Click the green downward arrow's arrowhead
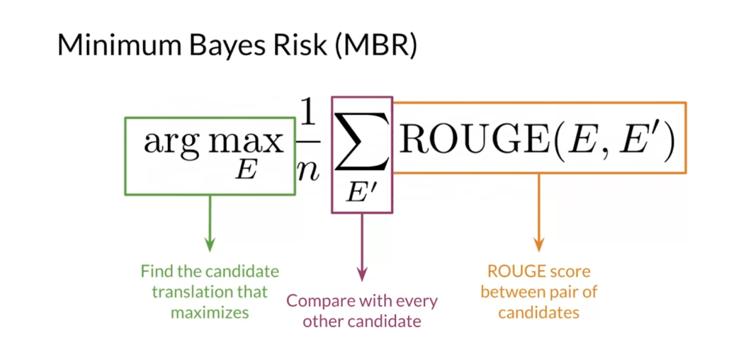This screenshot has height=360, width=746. pyautogui.click(x=210, y=244)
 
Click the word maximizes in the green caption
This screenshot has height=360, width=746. pyautogui.click(x=210, y=312)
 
